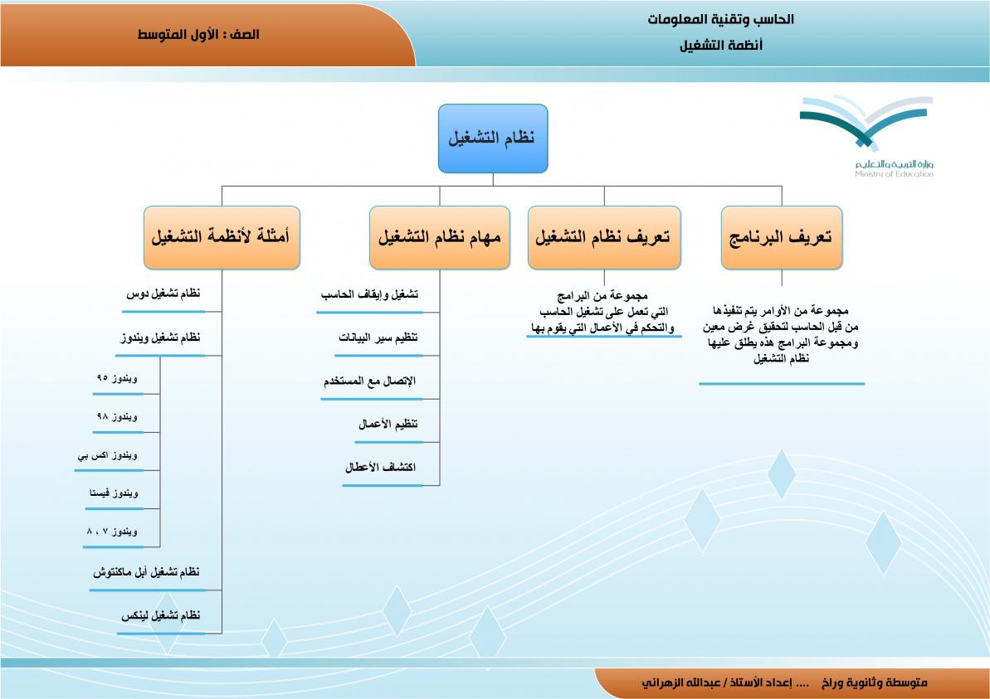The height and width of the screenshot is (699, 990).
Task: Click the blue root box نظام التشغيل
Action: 493,138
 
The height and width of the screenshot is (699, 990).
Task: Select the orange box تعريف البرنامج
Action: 781,238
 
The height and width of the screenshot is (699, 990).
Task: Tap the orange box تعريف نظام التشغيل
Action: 603,238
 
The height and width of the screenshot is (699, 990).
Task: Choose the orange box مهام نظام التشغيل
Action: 439,238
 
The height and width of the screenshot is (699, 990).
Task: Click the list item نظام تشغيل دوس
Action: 163,295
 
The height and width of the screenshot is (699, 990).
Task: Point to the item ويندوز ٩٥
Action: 116,378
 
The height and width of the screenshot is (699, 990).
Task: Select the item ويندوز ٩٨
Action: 116,416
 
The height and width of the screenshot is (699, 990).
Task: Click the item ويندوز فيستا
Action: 113,493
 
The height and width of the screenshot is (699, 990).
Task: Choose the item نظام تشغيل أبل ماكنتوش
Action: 147,573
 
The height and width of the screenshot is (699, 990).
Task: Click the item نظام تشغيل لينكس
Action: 160,615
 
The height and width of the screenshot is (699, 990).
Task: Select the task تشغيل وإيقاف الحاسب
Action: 368,295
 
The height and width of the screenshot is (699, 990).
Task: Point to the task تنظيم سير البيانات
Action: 378,338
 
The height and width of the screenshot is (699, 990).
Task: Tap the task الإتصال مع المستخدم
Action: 369,381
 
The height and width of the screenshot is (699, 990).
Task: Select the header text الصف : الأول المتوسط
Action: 198,35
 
